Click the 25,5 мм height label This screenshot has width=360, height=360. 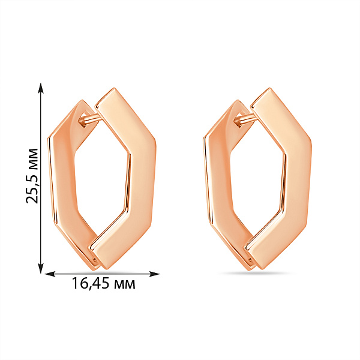coord(32,176)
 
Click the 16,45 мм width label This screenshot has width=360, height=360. coord(104,283)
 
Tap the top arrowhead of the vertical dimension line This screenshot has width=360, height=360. coord(41,88)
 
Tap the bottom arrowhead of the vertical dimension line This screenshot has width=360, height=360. coord(41,268)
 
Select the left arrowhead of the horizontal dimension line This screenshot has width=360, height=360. coord(50,274)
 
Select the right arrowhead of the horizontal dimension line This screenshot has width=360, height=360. coord(154,274)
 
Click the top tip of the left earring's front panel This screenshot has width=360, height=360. coord(113,88)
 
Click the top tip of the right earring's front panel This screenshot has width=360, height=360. coord(269,88)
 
